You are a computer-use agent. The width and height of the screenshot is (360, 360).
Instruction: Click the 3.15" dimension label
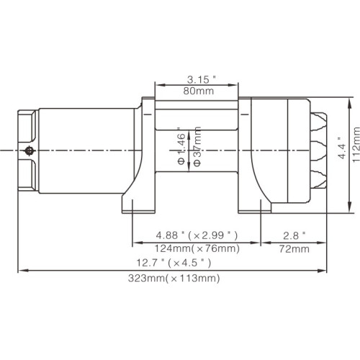click(197, 80)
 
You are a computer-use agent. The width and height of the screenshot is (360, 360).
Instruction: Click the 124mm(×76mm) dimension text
click(197, 248)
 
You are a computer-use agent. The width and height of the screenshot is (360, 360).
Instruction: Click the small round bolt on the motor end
click(29, 150)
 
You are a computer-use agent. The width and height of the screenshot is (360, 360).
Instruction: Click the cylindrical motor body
click(86, 150)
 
